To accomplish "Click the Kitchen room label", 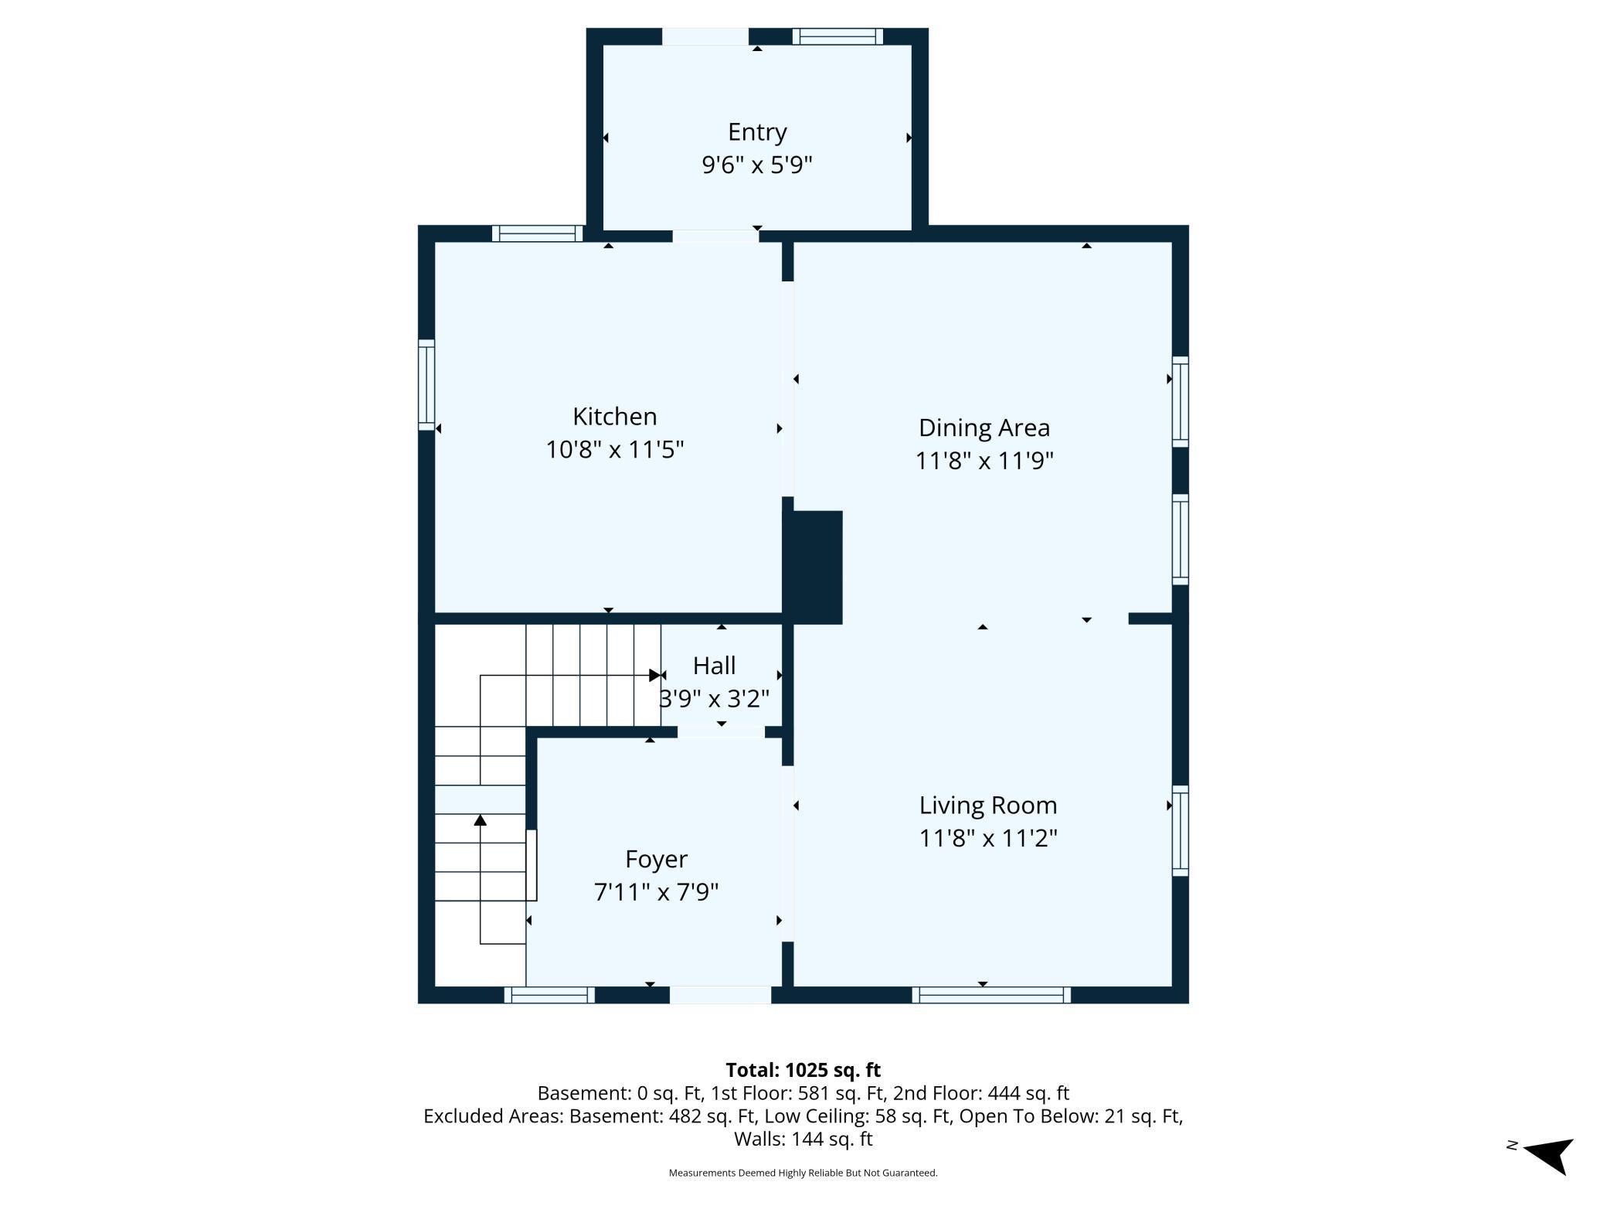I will [x=614, y=417].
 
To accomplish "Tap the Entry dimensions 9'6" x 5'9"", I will [x=756, y=165].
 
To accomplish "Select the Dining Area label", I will [x=984, y=428].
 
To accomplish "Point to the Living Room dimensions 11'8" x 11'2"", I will [x=987, y=838].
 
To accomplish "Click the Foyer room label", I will [x=656, y=859].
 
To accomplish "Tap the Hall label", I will [x=714, y=666].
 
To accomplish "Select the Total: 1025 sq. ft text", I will [x=803, y=1070].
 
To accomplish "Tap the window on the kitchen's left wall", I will [x=426, y=384].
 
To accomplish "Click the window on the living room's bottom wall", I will [x=991, y=995].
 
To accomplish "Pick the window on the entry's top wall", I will [x=837, y=36].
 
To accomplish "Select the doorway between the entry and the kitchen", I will [x=715, y=235].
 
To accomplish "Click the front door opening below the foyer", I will [x=720, y=995].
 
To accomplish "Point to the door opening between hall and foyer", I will [x=721, y=731].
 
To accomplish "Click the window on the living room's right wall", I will [x=1180, y=831].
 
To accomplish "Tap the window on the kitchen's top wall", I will [x=538, y=233].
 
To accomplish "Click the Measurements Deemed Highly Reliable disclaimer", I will [x=803, y=1173].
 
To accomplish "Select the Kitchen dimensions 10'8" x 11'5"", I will [x=614, y=450].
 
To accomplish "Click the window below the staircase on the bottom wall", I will [x=549, y=995].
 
